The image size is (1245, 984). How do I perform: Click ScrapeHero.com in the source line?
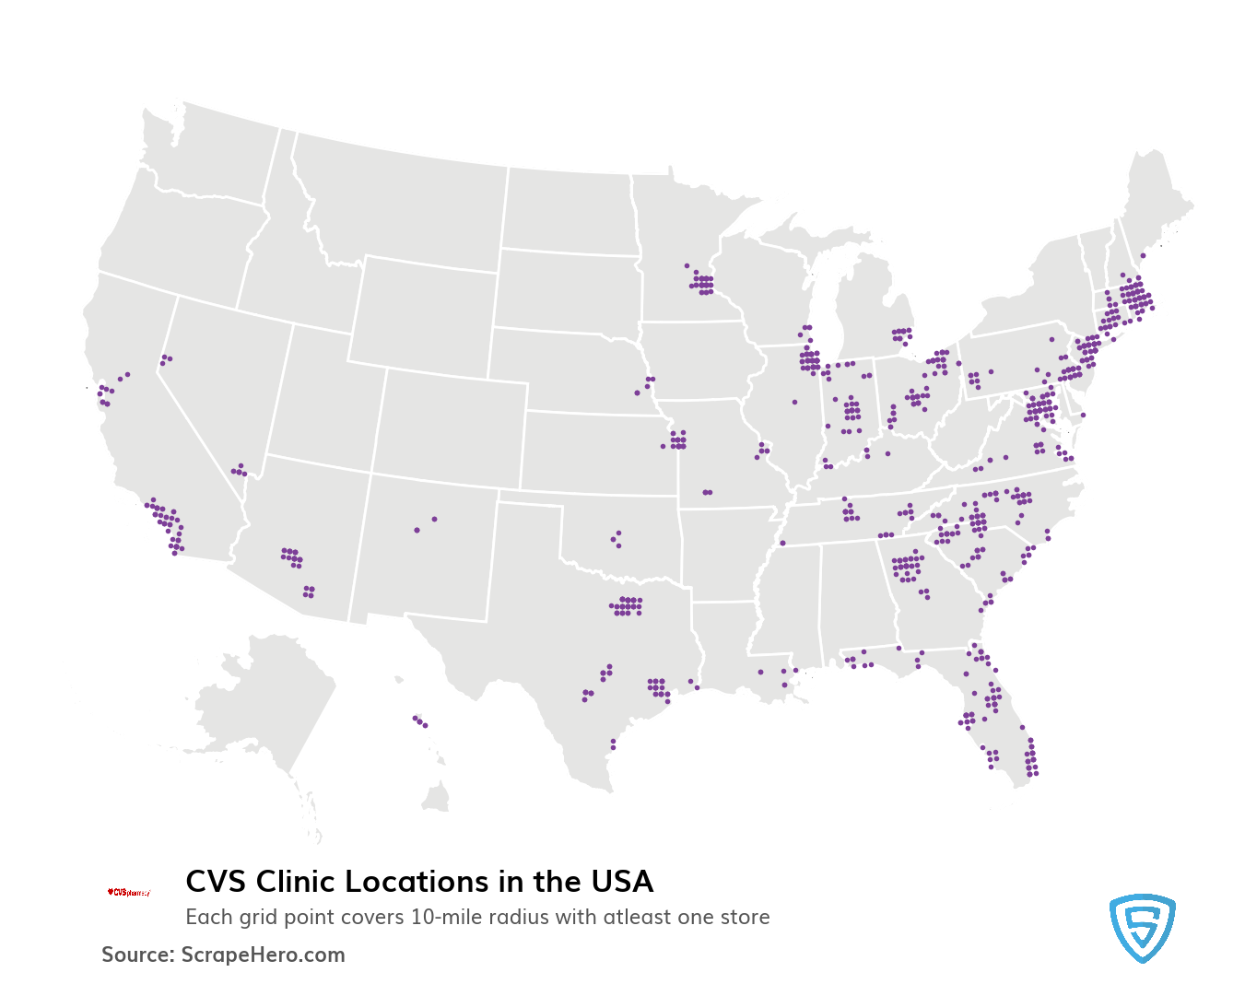(263, 955)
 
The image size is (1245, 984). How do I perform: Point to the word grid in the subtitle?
(272, 918)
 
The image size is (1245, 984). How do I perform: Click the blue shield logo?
(1142, 928)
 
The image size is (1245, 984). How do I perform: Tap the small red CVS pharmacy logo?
(128, 892)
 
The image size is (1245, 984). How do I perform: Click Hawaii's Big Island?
(436, 797)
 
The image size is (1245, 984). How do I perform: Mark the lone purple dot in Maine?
(1143, 255)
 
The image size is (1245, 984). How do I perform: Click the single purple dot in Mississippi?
(782, 543)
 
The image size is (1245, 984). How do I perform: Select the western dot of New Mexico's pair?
(417, 530)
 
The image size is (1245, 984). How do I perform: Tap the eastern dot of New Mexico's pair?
(435, 519)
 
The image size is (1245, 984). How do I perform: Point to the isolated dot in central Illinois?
(794, 402)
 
